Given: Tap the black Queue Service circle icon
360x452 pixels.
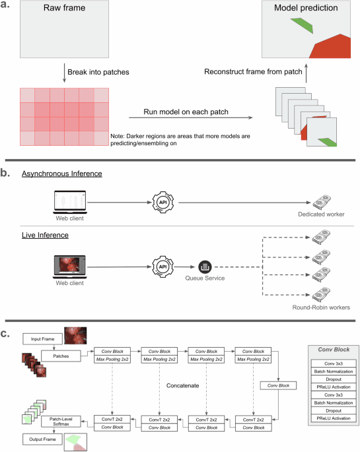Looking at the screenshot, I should pyautogui.click(x=203, y=267).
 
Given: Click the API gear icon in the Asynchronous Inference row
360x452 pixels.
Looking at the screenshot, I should pyautogui.click(x=162, y=200).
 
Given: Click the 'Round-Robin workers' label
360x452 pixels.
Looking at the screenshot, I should pyautogui.click(x=321, y=307).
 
